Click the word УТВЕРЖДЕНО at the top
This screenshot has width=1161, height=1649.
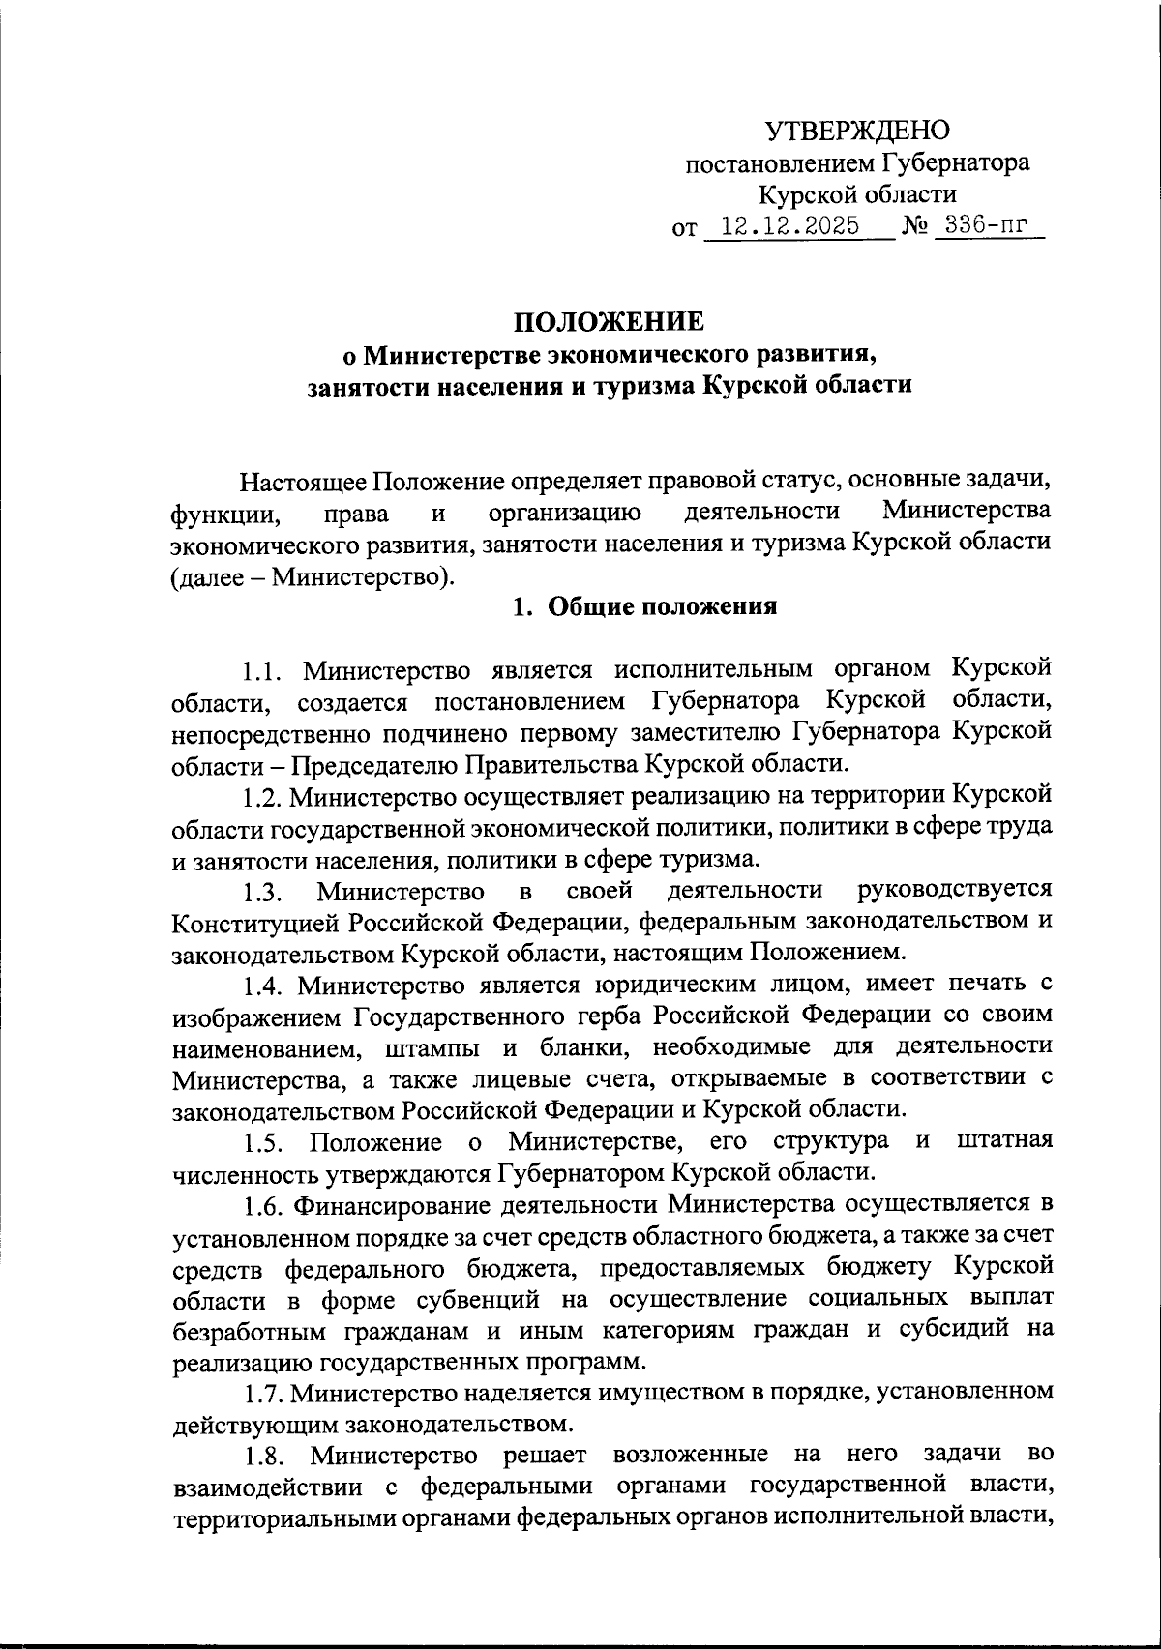(x=857, y=130)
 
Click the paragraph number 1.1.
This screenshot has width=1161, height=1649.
(x=261, y=670)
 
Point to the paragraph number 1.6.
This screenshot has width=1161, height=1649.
(x=261, y=1206)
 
